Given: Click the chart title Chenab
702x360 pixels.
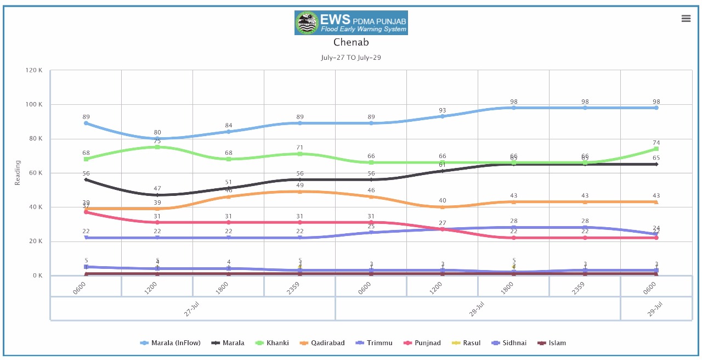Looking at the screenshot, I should pyautogui.click(x=351, y=42).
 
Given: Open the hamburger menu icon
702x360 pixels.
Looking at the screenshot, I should pyautogui.click(x=686, y=19).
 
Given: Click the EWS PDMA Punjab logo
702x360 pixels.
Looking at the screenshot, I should pyautogui.click(x=351, y=22).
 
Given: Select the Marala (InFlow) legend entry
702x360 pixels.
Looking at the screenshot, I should pyautogui.click(x=171, y=343).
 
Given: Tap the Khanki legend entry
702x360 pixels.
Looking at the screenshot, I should pyautogui.click(x=273, y=343).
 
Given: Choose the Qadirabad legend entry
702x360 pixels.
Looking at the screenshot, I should pyautogui.click(x=322, y=343).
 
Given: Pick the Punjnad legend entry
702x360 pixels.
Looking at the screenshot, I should pyautogui.click(x=423, y=343).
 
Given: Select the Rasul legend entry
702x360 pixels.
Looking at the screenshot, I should pyautogui.click(x=467, y=343).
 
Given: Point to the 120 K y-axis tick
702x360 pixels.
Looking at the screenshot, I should pyautogui.click(x=34, y=70).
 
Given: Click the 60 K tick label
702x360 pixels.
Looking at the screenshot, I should pyautogui.click(x=36, y=173).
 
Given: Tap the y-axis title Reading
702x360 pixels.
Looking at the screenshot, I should pyautogui.click(x=18, y=173).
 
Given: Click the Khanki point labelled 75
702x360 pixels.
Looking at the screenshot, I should pyautogui.click(x=157, y=147).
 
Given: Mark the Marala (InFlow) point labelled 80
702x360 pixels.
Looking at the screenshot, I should pyautogui.click(x=157, y=138).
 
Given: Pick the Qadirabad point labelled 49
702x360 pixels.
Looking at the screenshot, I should pyautogui.click(x=300, y=192).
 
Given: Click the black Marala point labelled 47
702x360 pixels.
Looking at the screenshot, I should pyautogui.click(x=157, y=195).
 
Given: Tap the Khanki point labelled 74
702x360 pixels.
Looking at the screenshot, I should pyautogui.click(x=656, y=149).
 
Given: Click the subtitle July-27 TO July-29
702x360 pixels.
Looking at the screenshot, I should pyautogui.click(x=351, y=58).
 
